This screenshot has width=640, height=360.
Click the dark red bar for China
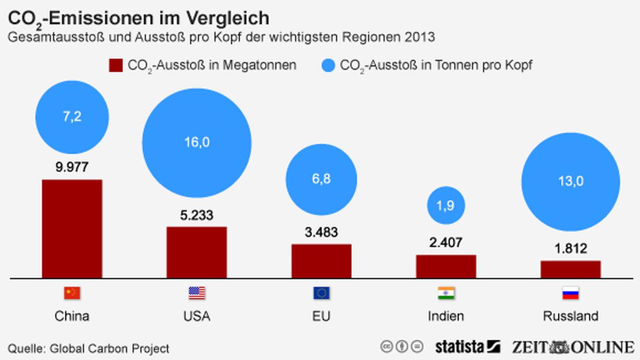pyautogui.click(x=72, y=229)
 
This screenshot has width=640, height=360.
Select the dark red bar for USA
pyautogui.click(x=196, y=252)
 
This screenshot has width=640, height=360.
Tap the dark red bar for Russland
pyautogui.click(x=571, y=269)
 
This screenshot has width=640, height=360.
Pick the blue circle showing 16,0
pyautogui.click(x=196, y=142)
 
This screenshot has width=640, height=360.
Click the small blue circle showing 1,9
pyautogui.click(x=446, y=206)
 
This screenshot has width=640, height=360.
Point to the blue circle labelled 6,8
pyautogui.click(x=321, y=179)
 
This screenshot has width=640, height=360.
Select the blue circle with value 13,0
pyautogui.click(x=571, y=181)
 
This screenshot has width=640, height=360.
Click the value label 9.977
pyautogui.click(x=72, y=167)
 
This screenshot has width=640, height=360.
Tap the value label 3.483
pyautogui.click(x=321, y=232)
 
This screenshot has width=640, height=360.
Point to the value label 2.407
pyautogui.click(x=446, y=242)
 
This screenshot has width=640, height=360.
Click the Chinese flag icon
pyautogui.click(x=72, y=294)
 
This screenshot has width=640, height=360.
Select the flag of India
pyautogui.click(x=446, y=294)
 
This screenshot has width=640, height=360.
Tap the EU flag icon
pyautogui.click(x=321, y=294)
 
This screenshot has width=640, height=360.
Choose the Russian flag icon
pyautogui.click(x=571, y=294)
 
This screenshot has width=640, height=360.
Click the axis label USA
pyautogui.click(x=196, y=316)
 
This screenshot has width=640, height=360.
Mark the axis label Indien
pyautogui.click(x=446, y=316)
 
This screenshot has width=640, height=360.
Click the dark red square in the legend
pyautogui.click(x=115, y=65)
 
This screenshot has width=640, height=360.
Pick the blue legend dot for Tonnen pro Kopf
pyautogui.click(x=327, y=65)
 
